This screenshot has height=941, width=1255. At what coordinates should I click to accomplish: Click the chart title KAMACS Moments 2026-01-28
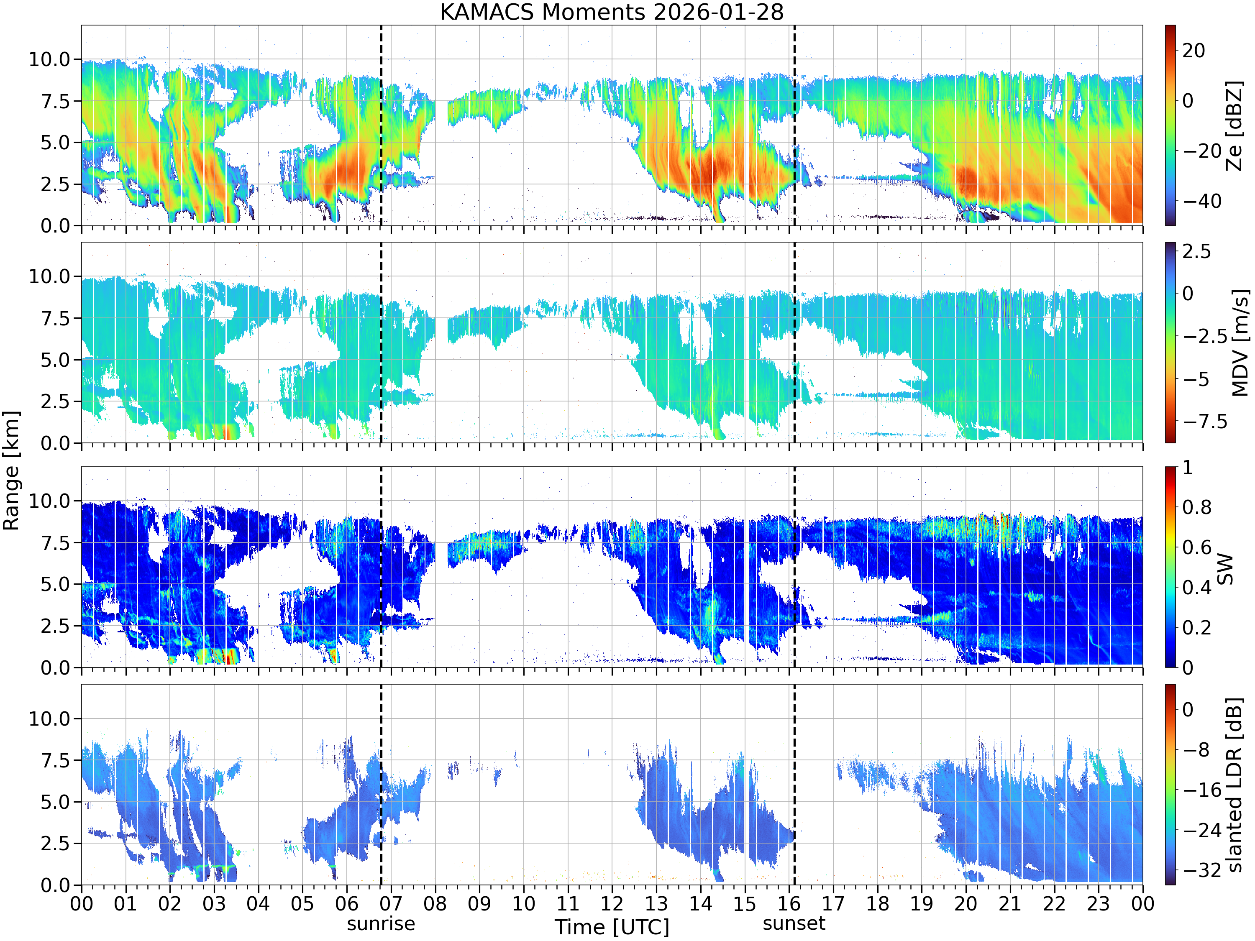(x=612, y=12)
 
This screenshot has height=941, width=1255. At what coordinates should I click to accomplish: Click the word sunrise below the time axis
(x=381, y=923)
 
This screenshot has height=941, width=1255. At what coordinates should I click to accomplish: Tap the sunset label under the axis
(x=794, y=923)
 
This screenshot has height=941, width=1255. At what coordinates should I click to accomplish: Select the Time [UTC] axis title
(x=612, y=927)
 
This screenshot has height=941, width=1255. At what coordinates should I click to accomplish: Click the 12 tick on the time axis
(x=612, y=903)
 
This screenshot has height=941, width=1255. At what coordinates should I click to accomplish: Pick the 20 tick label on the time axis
(x=966, y=903)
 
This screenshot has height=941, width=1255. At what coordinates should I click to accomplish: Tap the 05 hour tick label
(x=302, y=903)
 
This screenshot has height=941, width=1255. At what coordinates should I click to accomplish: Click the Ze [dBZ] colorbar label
(x=1234, y=125)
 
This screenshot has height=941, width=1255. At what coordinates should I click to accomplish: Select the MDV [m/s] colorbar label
(x=1240, y=343)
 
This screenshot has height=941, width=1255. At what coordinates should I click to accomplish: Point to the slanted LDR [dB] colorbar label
(x=1234, y=785)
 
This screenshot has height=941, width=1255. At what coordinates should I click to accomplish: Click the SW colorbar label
(x=1225, y=568)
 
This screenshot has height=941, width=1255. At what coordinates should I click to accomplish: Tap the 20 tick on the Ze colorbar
(x=1194, y=51)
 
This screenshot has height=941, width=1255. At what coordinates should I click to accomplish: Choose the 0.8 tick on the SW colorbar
(x=1197, y=507)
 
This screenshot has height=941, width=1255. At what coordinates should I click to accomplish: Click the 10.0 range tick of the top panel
(x=49, y=59)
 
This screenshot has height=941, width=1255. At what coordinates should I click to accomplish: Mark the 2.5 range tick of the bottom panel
(x=55, y=844)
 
